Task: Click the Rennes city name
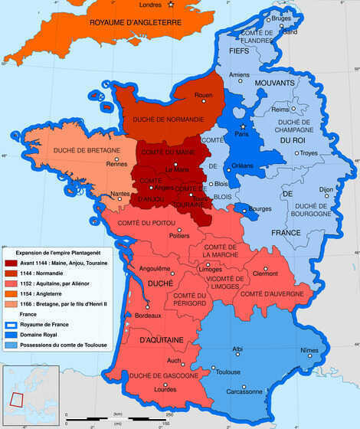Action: pyautogui.click(x=117, y=164)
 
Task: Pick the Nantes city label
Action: pyautogui.click(x=120, y=194)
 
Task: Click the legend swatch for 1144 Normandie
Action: pyautogui.click(x=11, y=273)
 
